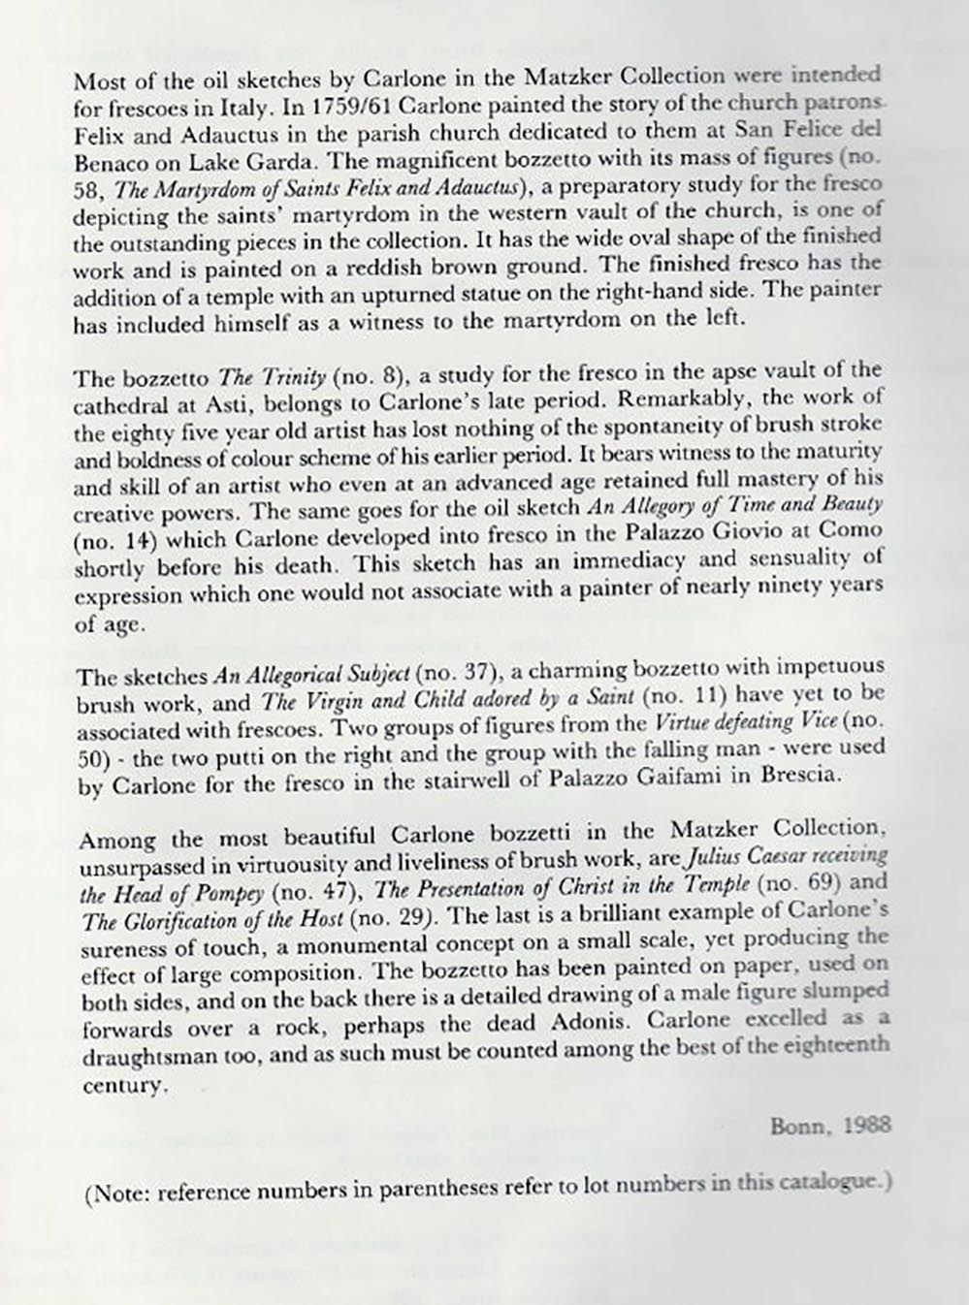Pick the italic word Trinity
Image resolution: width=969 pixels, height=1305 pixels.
pyautogui.click(x=287, y=373)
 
